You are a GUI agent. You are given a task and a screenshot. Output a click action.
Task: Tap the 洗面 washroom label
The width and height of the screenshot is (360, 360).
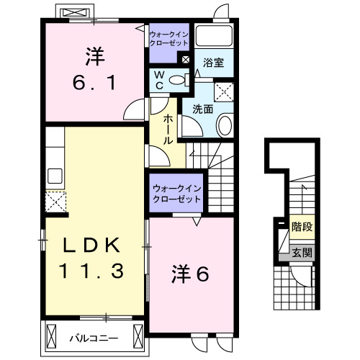[x=202, y=109]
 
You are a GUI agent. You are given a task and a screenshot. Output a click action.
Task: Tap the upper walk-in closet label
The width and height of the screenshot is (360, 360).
[x=168, y=38]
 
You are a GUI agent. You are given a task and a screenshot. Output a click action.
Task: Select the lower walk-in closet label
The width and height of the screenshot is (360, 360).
[x=176, y=194]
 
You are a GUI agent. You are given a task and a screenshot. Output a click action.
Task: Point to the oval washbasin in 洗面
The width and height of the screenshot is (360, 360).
[x=224, y=125]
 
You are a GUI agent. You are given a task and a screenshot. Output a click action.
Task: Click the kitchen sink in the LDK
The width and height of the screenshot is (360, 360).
[x=55, y=175]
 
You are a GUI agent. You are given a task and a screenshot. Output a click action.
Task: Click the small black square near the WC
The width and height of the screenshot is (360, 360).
[x=186, y=60]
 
